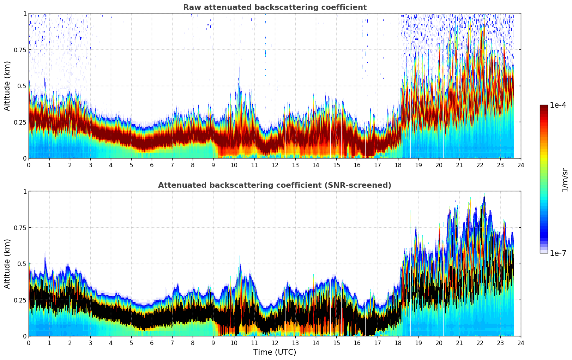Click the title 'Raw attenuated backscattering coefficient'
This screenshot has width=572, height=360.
coord(275,7)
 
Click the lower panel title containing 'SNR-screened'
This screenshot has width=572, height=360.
coord(275,185)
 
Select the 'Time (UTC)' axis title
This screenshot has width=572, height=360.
coord(275,352)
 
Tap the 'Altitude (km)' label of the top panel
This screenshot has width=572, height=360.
coord(7,86)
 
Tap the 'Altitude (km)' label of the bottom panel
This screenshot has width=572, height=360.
coord(7,264)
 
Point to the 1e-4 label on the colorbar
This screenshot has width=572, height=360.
coord(558,105)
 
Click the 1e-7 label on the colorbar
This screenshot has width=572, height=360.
coord(558,253)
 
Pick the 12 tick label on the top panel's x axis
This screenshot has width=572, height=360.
coord(275,165)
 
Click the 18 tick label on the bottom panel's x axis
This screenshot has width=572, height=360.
coord(398,343)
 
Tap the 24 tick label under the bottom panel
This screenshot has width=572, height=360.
coord(521,343)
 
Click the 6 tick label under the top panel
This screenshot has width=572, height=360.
coord(152,165)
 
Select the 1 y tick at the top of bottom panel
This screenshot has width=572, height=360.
coord(25,191)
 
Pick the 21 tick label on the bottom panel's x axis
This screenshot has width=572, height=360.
coord(459,343)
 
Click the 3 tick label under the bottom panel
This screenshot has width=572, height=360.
coord(90,343)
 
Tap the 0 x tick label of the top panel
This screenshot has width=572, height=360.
coord(29,165)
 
